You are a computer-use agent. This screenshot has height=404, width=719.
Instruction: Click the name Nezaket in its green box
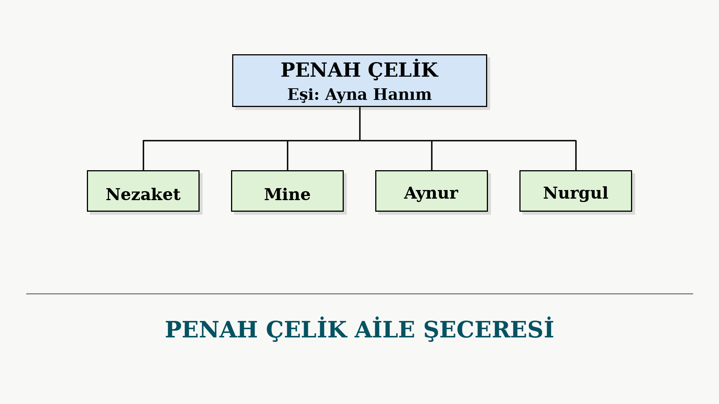(x=143, y=195)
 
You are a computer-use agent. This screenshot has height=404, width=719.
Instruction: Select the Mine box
(x=287, y=191)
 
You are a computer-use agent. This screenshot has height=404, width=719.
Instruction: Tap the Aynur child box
(x=431, y=191)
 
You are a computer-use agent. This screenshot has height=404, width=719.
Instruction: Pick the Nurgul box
(x=576, y=191)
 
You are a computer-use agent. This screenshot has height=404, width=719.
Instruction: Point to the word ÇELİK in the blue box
(x=403, y=70)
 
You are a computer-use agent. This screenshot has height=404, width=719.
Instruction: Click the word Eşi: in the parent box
(x=303, y=95)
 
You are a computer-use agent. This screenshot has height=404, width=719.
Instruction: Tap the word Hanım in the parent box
(x=403, y=94)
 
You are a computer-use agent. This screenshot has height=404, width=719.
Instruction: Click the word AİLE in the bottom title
(x=385, y=329)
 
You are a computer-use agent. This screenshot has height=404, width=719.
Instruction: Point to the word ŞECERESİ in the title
(x=489, y=329)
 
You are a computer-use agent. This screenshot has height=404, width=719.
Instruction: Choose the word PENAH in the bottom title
(x=211, y=330)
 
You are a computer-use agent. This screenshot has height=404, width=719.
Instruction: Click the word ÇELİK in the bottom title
(x=306, y=329)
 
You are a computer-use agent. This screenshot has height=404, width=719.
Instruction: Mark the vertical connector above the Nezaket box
(x=143, y=156)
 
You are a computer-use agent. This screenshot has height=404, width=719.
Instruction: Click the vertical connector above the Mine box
(x=288, y=156)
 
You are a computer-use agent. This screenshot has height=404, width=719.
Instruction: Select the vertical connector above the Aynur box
(x=432, y=156)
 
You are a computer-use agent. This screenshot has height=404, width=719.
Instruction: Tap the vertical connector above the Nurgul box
(x=576, y=156)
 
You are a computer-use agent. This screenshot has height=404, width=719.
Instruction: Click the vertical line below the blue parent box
(x=360, y=124)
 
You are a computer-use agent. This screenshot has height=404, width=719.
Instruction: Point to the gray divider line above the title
(x=359, y=294)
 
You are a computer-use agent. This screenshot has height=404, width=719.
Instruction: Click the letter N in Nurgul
(x=550, y=193)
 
